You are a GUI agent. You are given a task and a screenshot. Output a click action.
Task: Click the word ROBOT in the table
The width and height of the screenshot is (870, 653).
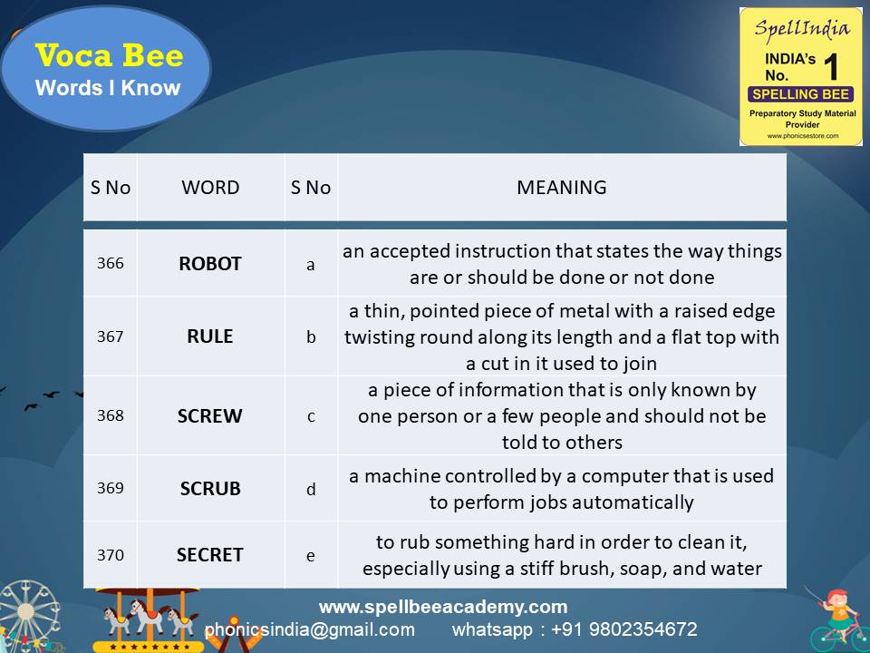point(210,264)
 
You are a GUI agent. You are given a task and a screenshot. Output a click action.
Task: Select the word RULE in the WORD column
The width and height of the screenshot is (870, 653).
point(210,336)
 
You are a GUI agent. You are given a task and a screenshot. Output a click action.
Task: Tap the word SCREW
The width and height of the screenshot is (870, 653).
point(210,416)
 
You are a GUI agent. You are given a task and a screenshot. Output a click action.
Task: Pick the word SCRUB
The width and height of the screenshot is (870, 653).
point(210,488)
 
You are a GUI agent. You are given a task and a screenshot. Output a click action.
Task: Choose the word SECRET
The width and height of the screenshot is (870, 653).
point(210,554)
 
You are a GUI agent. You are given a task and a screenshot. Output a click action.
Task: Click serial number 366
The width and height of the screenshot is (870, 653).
point(111,264)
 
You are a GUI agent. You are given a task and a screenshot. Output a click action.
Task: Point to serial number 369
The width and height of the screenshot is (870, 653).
point(111,488)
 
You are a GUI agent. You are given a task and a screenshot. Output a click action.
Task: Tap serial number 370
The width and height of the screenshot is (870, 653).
point(111,555)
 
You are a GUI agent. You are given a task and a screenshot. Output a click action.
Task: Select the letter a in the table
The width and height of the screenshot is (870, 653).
point(311,265)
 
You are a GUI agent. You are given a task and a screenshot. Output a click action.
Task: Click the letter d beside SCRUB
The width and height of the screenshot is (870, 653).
point(311,489)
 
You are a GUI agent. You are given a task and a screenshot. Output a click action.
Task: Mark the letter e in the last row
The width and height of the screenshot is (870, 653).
point(311,555)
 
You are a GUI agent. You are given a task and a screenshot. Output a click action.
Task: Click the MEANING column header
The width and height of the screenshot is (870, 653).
point(562,188)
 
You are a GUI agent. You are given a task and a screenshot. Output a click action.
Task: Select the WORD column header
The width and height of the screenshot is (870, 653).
point(210,188)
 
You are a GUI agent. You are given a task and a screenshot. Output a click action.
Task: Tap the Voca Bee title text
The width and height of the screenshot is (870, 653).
point(109,56)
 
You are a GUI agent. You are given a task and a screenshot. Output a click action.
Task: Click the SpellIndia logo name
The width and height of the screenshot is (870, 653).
point(802,28)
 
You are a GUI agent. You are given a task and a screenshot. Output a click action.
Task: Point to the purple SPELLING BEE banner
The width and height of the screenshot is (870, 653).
point(800,94)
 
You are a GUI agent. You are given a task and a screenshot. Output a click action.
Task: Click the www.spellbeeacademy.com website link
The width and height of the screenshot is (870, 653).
point(443,607)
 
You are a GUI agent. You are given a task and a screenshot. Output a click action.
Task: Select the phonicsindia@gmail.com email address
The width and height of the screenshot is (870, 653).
point(310,629)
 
